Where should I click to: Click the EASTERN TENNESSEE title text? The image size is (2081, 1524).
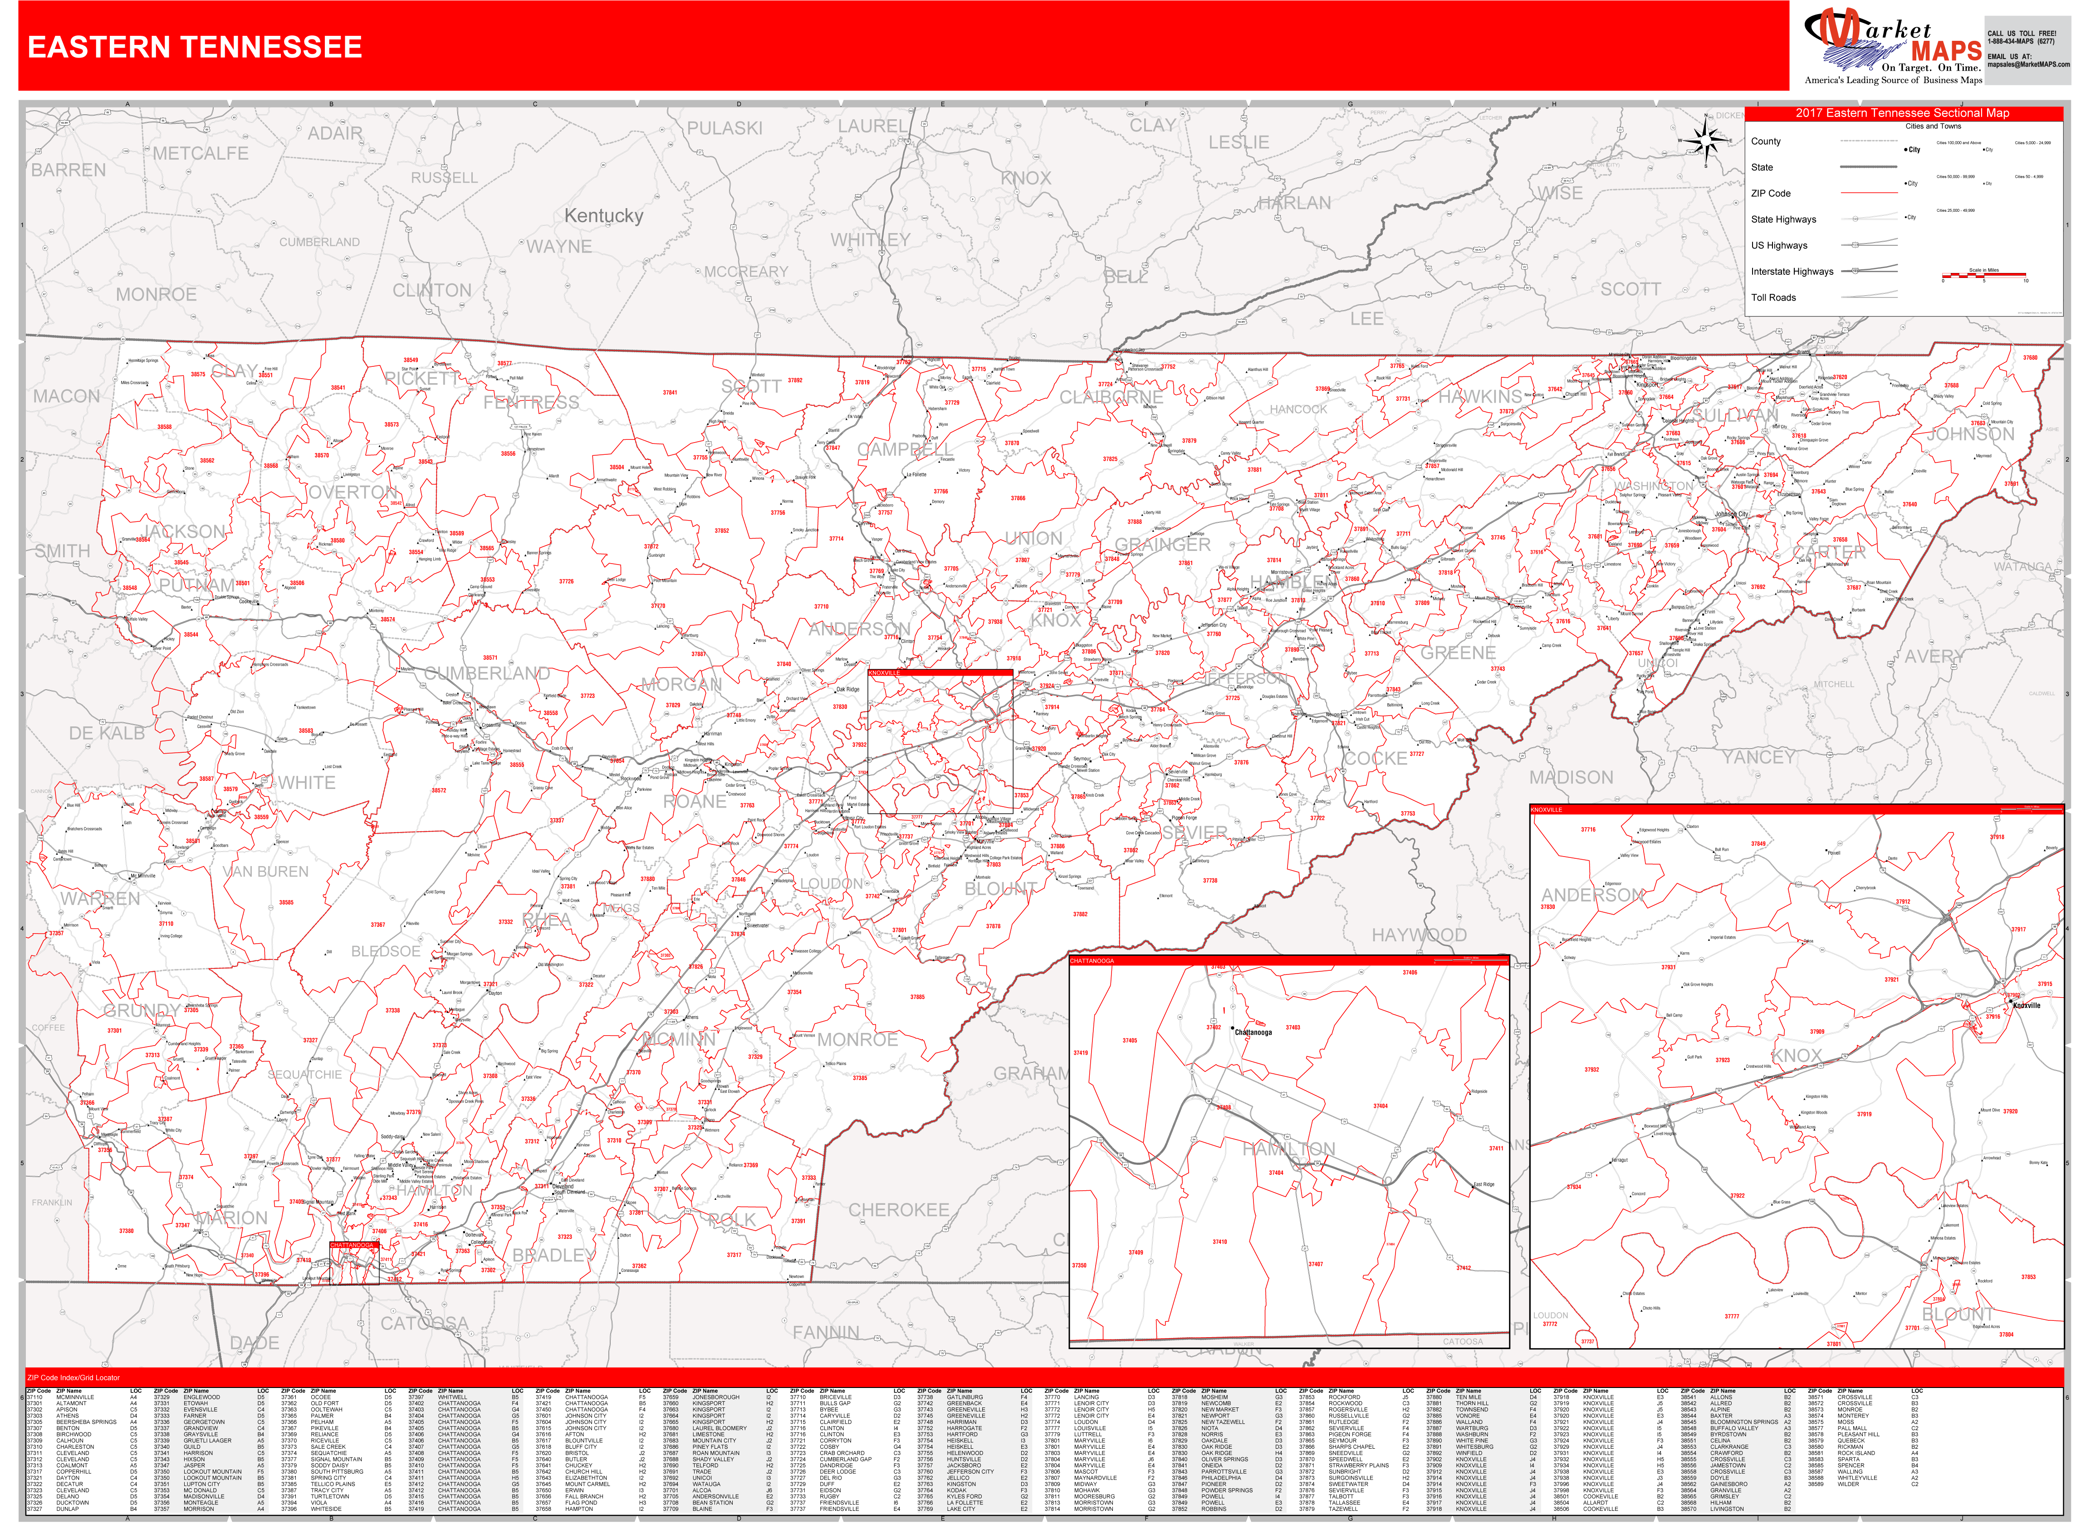195,47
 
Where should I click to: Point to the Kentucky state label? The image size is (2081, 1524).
603,216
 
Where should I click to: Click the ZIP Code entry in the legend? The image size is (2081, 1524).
1770,194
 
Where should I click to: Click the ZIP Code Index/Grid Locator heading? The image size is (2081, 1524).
74,1378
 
